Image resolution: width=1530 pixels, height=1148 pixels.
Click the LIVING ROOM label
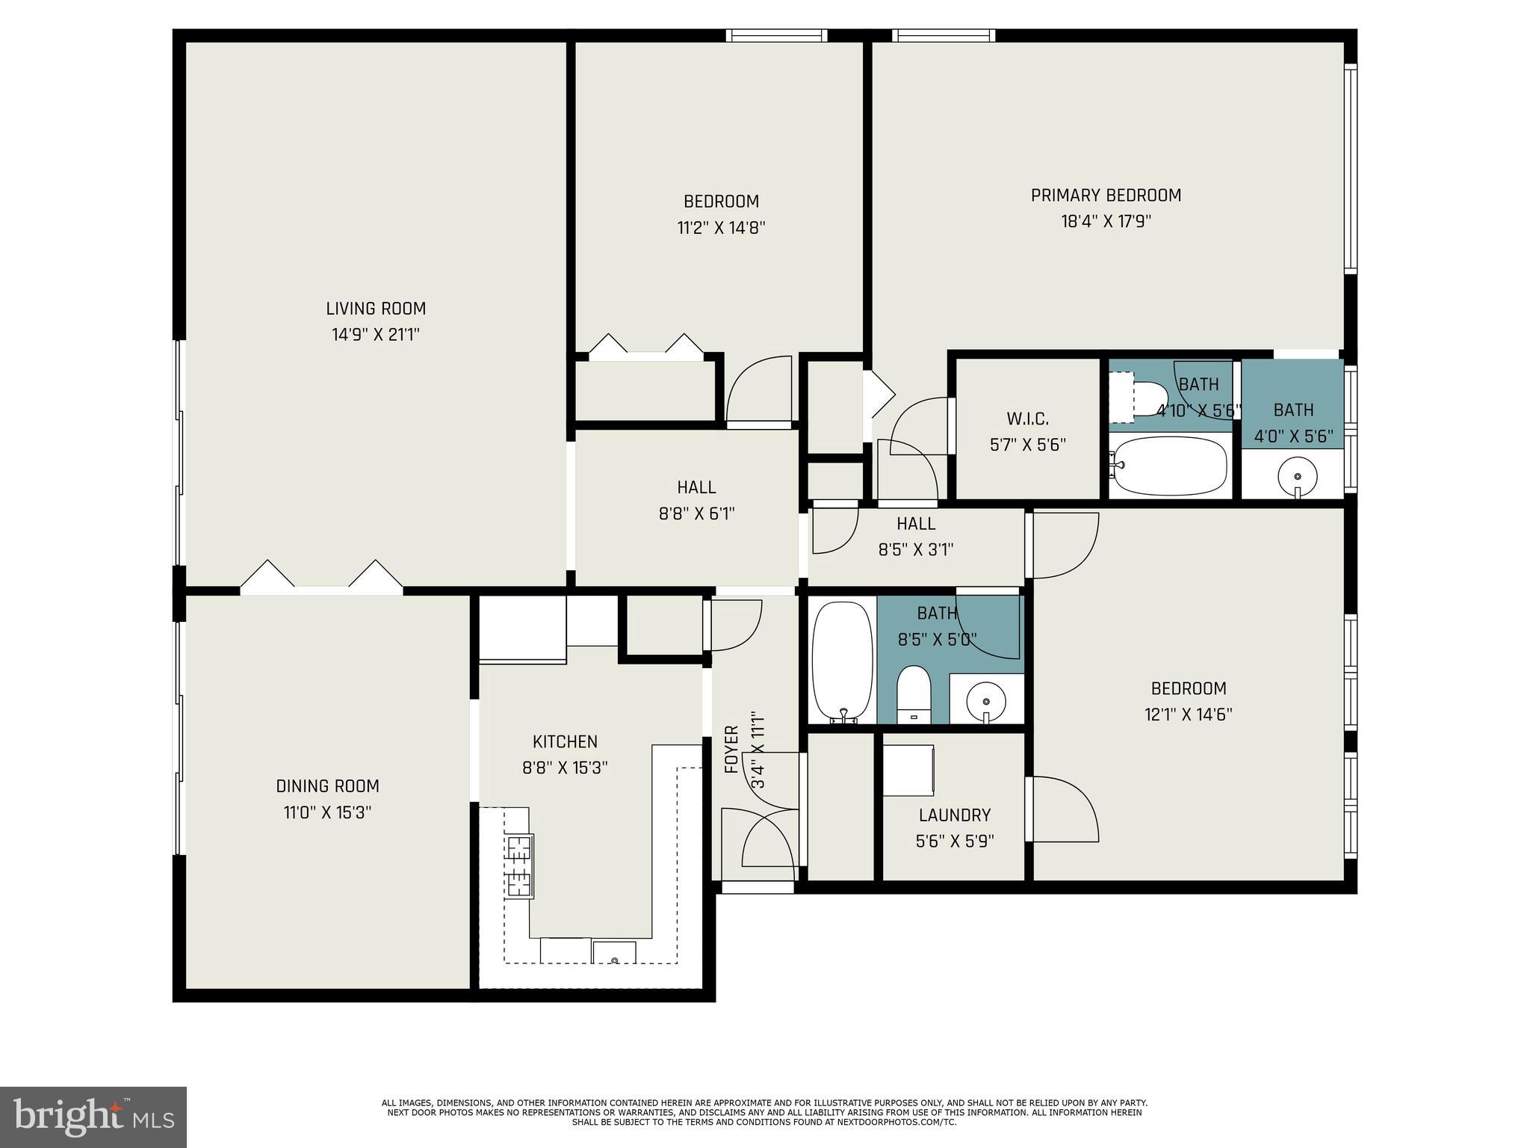pyautogui.click(x=376, y=309)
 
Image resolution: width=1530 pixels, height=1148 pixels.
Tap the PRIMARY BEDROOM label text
pyautogui.click(x=1106, y=196)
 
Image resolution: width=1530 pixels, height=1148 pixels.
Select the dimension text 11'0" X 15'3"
pyautogui.click(x=327, y=812)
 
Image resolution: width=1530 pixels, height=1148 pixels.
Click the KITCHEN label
pyautogui.click(x=565, y=741)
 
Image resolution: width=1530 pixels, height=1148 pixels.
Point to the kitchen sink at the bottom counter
pyautogui.click(x=614, y=953)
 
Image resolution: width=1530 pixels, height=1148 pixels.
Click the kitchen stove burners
pyautogui.click(x=519, y=865)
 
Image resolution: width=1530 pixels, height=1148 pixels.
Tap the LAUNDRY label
pyautogui.click(x=955, y=815)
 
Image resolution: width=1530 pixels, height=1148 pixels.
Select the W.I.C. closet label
pyautogui.click(x=1027, y=419)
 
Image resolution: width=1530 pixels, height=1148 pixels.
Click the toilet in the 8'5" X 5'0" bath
pyautogui.click(x=913, y=691)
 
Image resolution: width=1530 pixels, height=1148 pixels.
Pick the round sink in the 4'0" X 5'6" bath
pyautogui.click(x=1298, y=475)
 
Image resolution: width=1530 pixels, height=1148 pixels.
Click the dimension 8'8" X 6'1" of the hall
pyautogui.click(x=696, y=514)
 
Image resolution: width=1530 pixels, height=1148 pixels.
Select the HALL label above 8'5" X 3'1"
pyautogui.click(x=916, y=524)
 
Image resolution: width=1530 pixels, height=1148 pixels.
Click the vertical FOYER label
pyautogui.click(x=732, y=749)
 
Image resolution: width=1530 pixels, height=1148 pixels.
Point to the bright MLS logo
pyautogui.click(x=93, y=1117)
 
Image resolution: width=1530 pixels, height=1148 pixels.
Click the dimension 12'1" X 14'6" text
pyautogui.click(x=1188, y=715)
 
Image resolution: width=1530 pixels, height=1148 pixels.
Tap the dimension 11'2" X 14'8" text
pyautogui.click(x=721, y=228)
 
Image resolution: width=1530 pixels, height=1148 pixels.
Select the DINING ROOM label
pyautogui.click(x=327, y=786)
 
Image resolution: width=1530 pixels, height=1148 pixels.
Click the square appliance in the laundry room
pyautogui.click(x=908, y=770)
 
